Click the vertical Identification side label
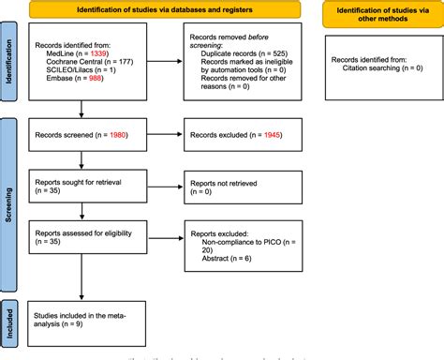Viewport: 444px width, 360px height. point(10,67)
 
